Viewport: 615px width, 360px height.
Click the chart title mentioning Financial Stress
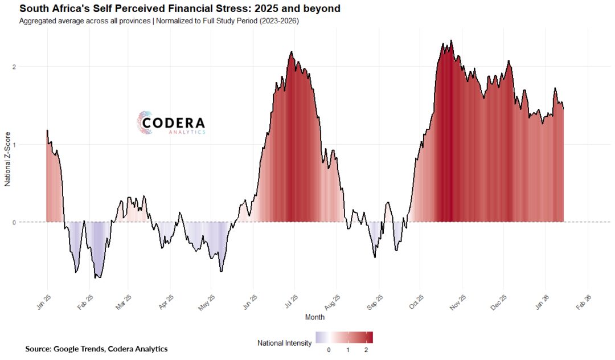tap(180, 9)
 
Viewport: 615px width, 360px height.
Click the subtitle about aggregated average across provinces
tap(158, 21)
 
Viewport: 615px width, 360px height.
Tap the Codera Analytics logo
tap(171, 122)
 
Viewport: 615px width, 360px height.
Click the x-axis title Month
tap(315, 317)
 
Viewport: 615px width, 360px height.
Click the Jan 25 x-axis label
tap(44, 302)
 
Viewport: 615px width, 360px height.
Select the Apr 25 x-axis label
tap(166, 302)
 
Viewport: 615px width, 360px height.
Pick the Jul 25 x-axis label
tap(290, 302)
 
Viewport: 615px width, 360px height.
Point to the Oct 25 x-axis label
tap(416, 302)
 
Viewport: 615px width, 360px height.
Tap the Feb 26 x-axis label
tap(584, 302)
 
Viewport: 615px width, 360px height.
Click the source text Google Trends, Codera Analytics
tap(96, 348)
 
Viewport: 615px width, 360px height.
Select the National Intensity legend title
tap(284, 343)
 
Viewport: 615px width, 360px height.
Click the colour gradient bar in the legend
tap(344, 337)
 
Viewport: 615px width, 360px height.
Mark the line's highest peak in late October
tap(451, 40)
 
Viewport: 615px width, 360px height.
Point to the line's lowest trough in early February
tap(96, 277)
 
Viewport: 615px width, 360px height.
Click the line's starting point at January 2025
tap(47, 130)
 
